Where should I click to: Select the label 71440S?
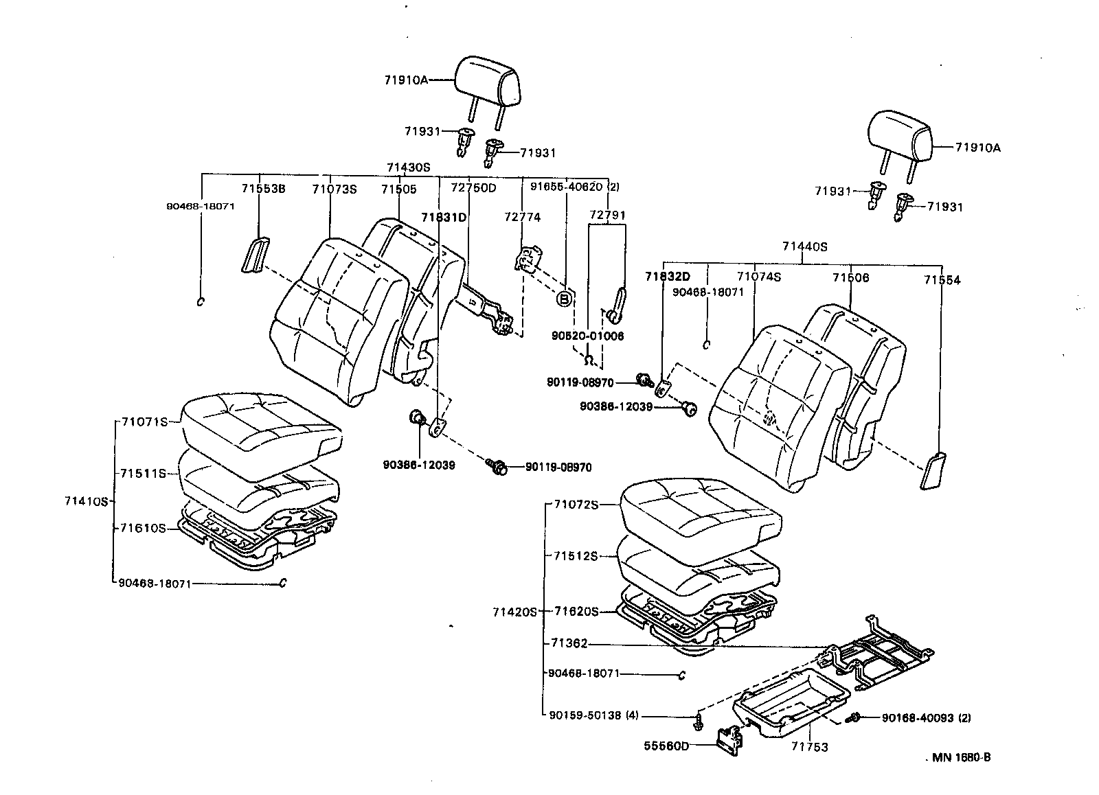point(804,246)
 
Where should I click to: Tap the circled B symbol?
point(564,299)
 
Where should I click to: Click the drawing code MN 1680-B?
point(961,758)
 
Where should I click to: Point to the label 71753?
point(810,747)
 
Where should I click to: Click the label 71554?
point(942,280)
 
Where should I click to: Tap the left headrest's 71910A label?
point(406,80)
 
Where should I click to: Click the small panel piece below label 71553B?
point(256,255)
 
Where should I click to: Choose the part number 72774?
point(522,217)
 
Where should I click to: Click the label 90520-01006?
point(587,336)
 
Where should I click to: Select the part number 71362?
point(569,643)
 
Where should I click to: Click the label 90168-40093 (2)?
point(926,718)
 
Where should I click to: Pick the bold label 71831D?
point(444,217)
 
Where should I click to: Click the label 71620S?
point(576,611)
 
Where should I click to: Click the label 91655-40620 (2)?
point(574,187)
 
